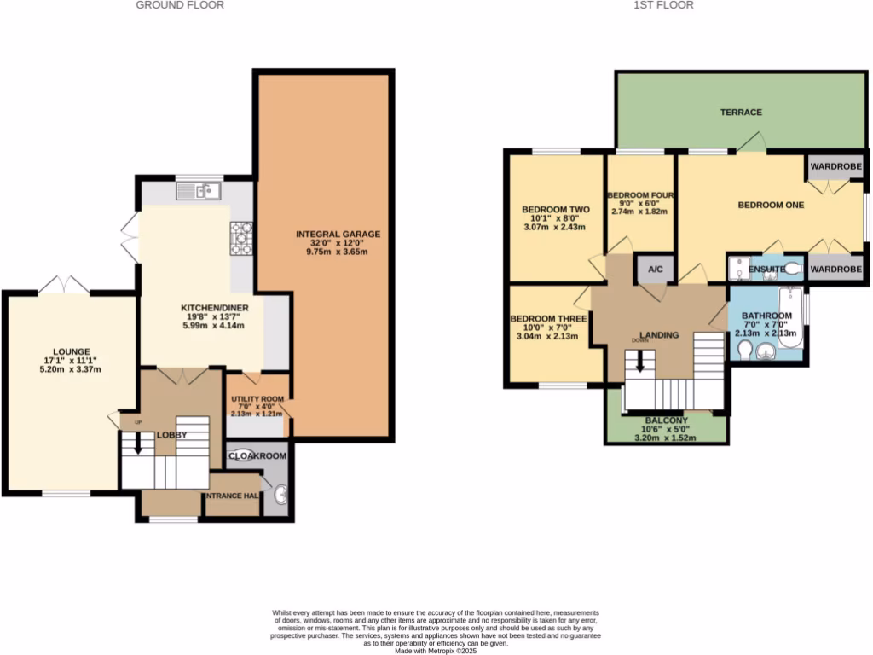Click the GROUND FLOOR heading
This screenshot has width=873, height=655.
180,5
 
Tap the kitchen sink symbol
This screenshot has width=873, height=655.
199,192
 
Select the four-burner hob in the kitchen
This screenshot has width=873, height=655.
241,238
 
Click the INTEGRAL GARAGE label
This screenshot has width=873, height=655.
338,234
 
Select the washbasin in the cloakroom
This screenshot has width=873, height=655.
280,493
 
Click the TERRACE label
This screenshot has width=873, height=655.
740,112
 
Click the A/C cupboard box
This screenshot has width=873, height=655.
656,270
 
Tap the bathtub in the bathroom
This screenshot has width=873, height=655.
790,318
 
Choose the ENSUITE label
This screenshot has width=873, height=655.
766,270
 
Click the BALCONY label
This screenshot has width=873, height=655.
666,420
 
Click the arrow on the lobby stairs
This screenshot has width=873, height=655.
137,445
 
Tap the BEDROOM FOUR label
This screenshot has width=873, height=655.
640,195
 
